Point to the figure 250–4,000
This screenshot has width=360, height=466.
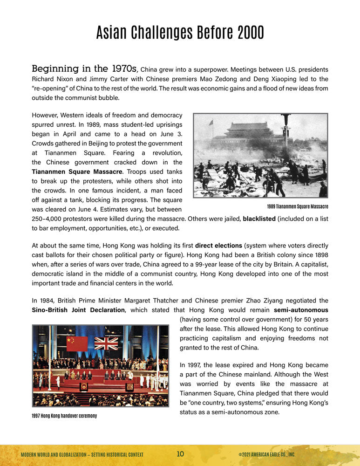pos(49,219)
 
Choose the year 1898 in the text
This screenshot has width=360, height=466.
pos(319,255)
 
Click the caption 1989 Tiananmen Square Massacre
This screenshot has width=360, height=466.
pos(297,206)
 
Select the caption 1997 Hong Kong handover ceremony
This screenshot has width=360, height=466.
pos(64,416)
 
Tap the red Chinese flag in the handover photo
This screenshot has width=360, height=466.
pos(77,344)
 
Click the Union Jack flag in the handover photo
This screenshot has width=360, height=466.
pos(106,343)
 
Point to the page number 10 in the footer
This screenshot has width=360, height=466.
pos(180,454)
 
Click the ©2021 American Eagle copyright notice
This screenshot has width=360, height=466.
pos(266,454)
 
